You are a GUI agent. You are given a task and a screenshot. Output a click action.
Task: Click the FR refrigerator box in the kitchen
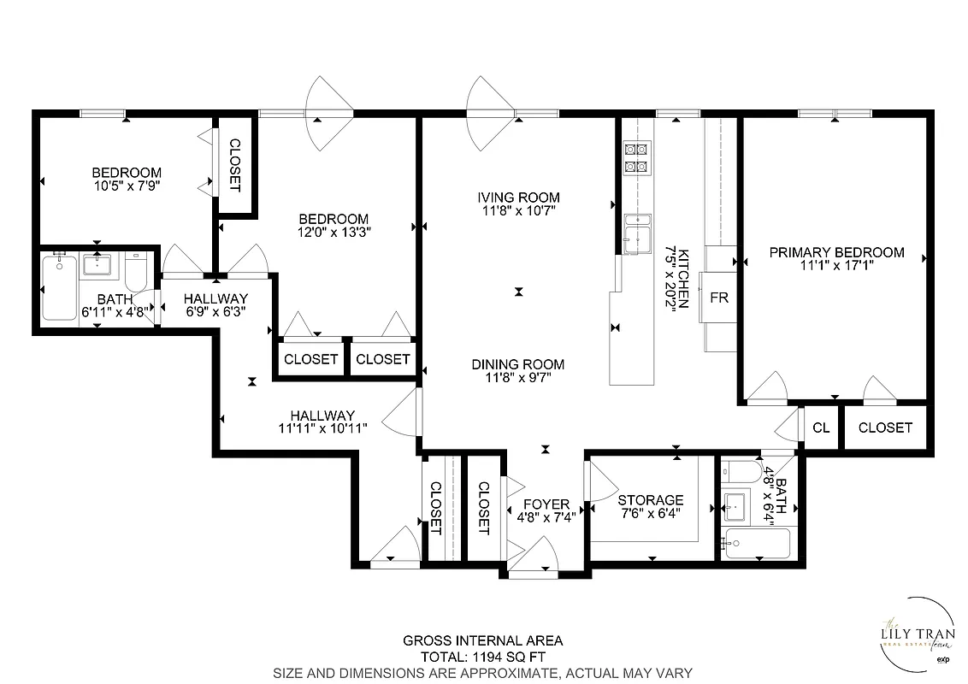coord(718,298)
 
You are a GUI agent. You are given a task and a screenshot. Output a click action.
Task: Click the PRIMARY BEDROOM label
coord(836,252)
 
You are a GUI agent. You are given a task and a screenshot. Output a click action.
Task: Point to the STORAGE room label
coord(651,500)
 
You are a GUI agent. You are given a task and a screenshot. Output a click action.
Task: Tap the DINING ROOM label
coord(518,364)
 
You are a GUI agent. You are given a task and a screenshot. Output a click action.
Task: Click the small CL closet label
coord(821,427)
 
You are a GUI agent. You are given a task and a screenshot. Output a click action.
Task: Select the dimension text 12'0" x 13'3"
coord(333,231)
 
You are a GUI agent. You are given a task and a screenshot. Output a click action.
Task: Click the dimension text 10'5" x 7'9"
coord(127,184)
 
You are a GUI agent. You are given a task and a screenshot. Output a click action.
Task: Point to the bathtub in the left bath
coord(59,289)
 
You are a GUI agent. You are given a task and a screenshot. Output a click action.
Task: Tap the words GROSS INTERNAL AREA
coord(483,640)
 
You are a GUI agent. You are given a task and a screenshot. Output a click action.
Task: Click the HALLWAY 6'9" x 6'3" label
coord(216,305)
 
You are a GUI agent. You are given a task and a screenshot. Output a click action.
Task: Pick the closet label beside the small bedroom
coord(234,165)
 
